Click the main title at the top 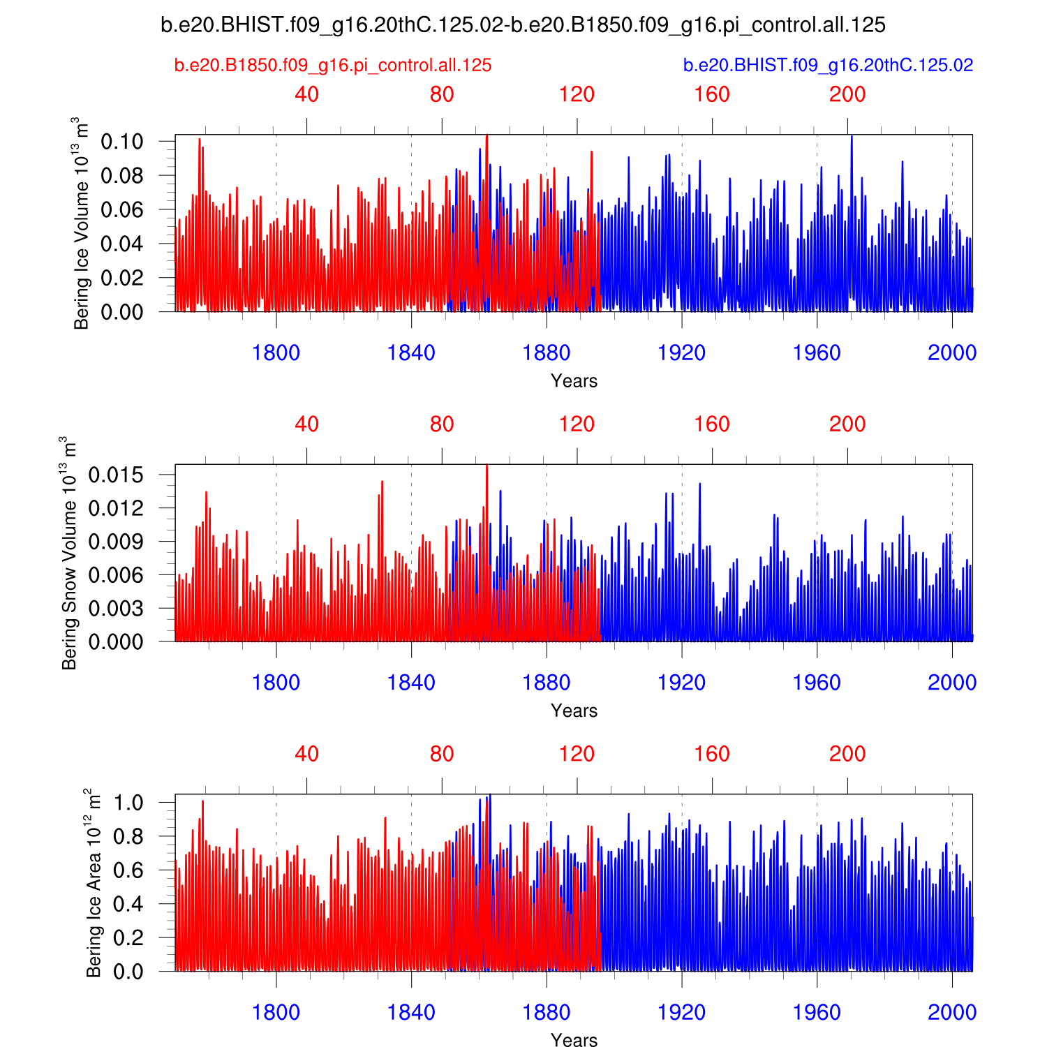pos(523,25)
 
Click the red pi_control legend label pos(333,66)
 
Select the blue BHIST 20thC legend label pos(828,66)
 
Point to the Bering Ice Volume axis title pos(82,223)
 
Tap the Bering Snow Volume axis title pos(69,553)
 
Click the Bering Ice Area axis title pos(94,883)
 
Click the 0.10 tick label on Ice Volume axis pos(122,142)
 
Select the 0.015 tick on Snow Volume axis pos(116,475)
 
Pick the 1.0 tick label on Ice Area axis pos(128,803)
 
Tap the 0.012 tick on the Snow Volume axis pos(116,508)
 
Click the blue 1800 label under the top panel pos(276,353)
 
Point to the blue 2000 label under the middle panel pos(951,683)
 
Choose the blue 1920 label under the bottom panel pos(681,1012)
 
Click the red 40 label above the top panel pos(306,94)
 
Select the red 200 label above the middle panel pos(847,424)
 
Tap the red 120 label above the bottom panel pos(577,754)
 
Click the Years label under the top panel pos(574,381)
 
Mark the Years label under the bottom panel pos(574,1040)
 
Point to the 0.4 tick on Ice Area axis pos(128,904)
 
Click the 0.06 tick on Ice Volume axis pos(122,209)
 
